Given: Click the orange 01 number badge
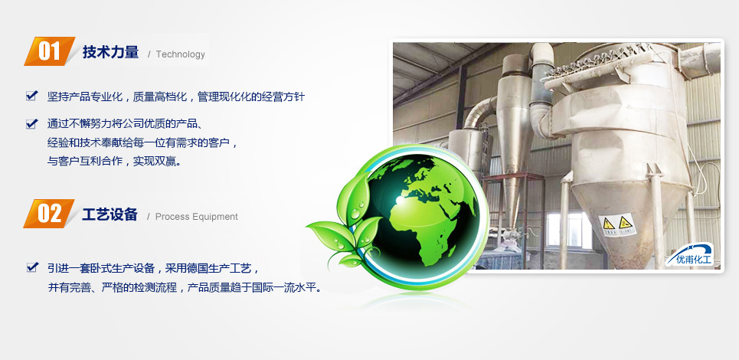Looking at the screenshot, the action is (50, 51).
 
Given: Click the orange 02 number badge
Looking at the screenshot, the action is (49, 214).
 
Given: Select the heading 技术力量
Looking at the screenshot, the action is (111, 52).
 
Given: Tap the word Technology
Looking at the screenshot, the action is (181, 54).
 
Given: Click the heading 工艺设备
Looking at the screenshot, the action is (110, 215).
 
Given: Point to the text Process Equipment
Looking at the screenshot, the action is (197, 217).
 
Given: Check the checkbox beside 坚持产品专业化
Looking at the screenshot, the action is (31, 96).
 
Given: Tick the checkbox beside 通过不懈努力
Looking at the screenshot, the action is (31, 123).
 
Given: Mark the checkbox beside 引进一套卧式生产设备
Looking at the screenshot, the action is (31, 267).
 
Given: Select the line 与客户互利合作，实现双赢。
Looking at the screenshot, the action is (114, 161).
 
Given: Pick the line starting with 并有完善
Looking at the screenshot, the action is (185, 287).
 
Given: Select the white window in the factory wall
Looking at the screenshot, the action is (569, 230).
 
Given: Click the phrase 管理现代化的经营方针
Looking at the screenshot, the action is (251, 97).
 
